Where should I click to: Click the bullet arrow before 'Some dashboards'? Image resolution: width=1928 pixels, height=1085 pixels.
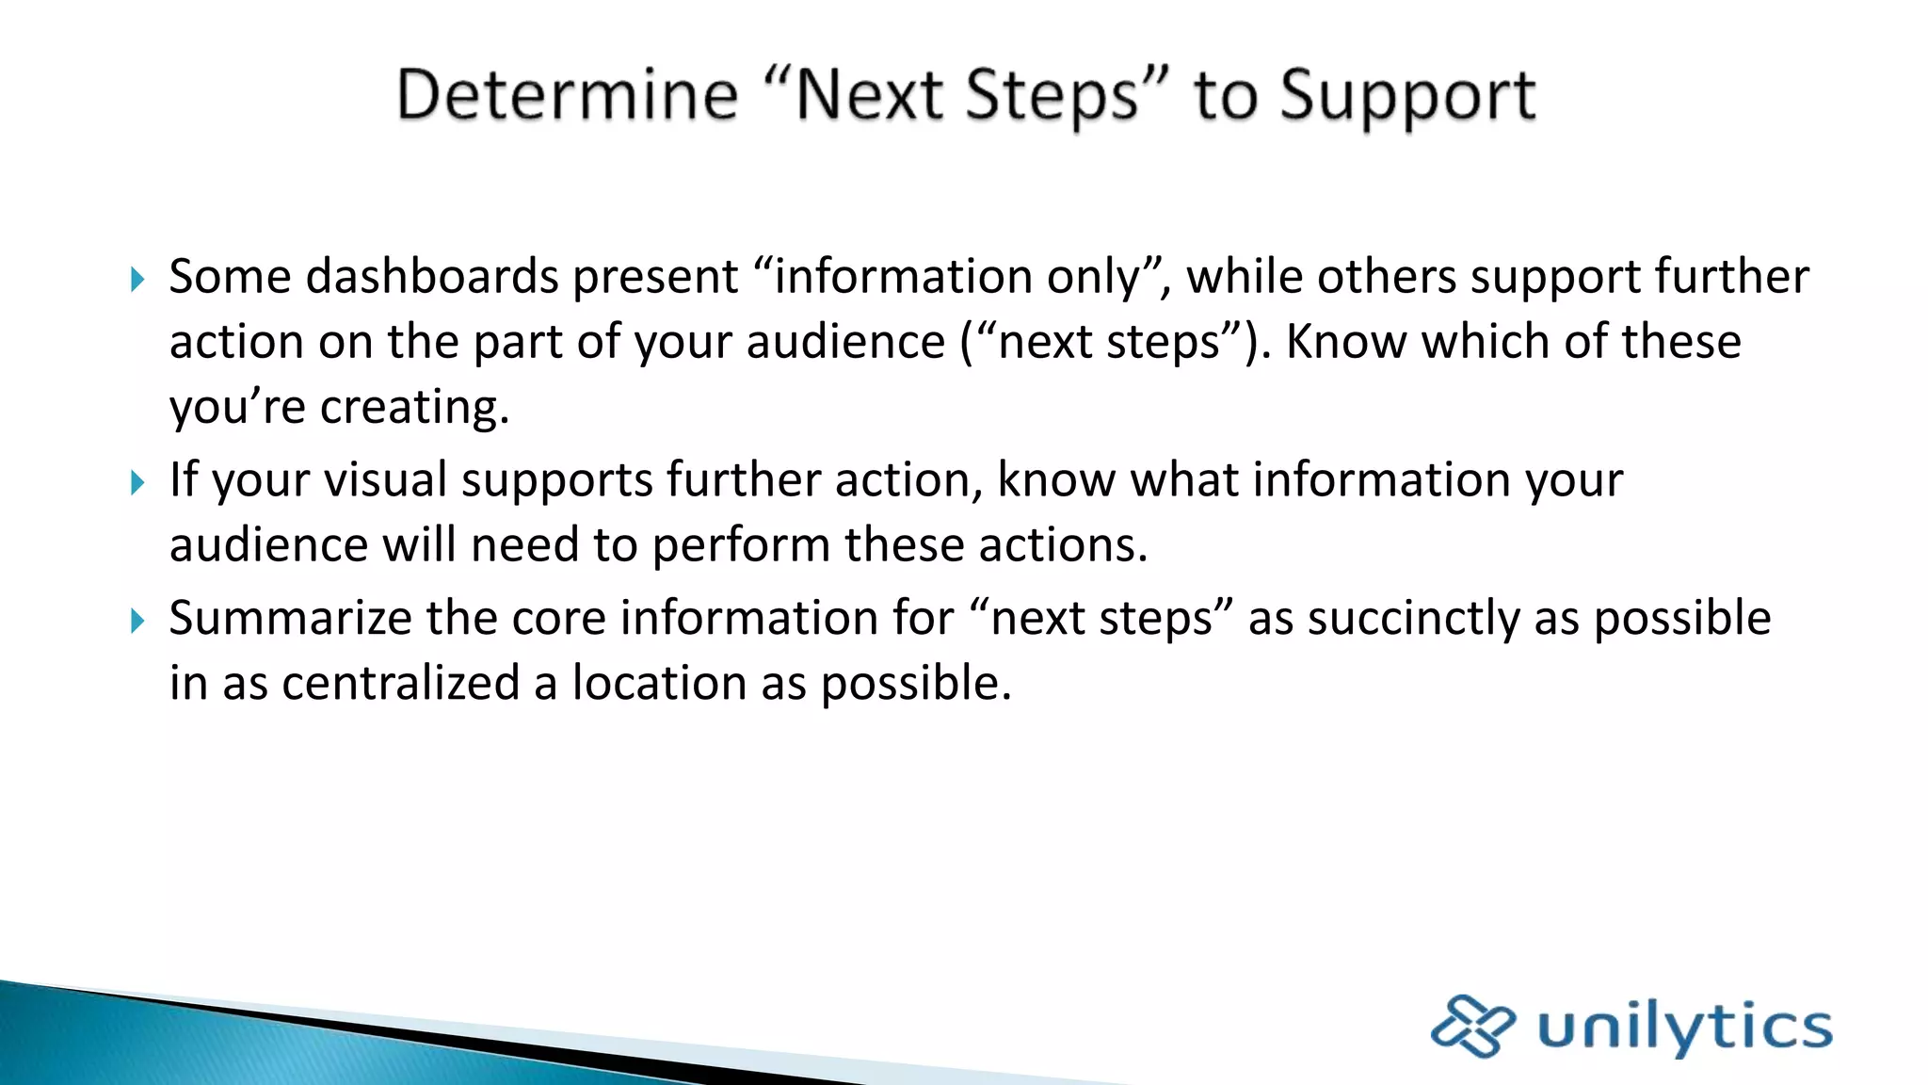(x=137, y=279)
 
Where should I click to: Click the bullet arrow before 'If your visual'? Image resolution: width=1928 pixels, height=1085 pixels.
(x=137, y=482)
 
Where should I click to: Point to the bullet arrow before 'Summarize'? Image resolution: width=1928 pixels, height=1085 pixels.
(x=137, y=621)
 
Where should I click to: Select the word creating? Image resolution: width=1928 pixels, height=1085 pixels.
(x=414, y=408)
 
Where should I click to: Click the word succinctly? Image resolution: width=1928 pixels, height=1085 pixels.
(x=1413, y=619)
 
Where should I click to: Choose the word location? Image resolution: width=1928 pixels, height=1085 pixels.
(x=659, y=683)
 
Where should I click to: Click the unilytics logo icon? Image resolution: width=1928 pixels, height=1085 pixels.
(x=1471, y=1026)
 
